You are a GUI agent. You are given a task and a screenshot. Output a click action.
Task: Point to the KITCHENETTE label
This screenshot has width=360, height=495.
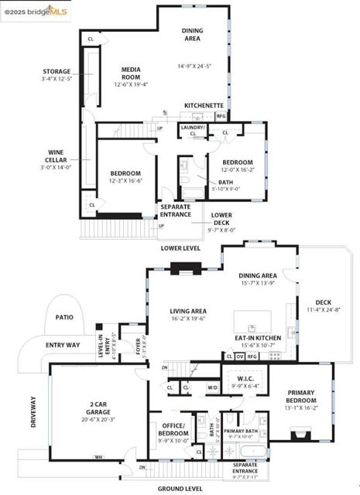204,104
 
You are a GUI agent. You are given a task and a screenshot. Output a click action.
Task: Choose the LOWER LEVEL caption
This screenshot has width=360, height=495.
180,248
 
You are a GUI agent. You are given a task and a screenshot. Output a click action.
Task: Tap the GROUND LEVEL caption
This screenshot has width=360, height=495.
180,489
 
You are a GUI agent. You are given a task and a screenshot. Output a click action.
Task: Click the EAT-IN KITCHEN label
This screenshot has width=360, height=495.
257,338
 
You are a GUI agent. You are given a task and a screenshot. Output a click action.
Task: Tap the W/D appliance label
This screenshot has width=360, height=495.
212,387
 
